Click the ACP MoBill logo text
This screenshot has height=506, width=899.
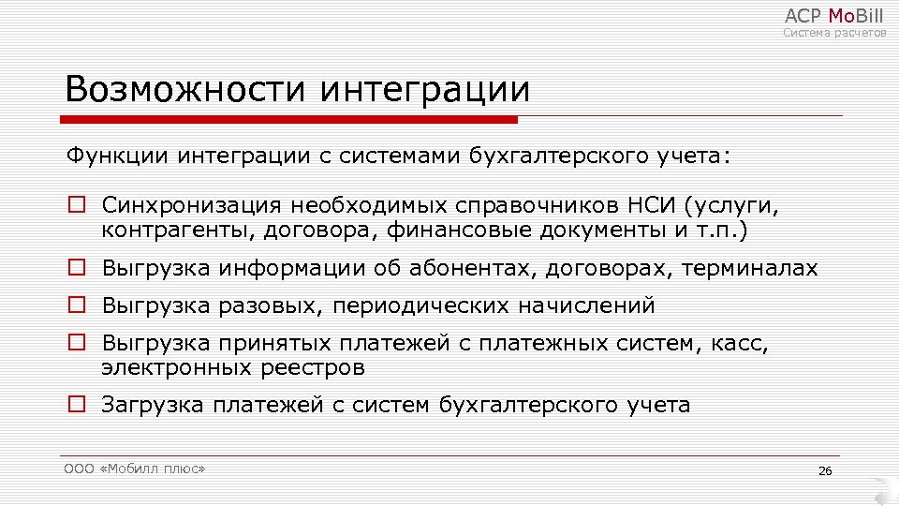833,15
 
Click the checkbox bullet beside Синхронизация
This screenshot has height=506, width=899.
77,204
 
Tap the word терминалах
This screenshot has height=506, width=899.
750,269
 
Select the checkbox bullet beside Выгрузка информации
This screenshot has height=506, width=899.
77,269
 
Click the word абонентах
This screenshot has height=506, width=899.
472,269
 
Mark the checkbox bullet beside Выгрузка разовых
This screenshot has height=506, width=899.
77,305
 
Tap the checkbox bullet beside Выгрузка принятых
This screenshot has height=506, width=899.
77,343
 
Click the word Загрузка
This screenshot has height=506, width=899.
152,406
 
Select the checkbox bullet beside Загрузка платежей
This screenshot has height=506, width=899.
77,405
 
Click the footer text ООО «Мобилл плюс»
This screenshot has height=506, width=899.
135,469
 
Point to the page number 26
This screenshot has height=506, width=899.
825,470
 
